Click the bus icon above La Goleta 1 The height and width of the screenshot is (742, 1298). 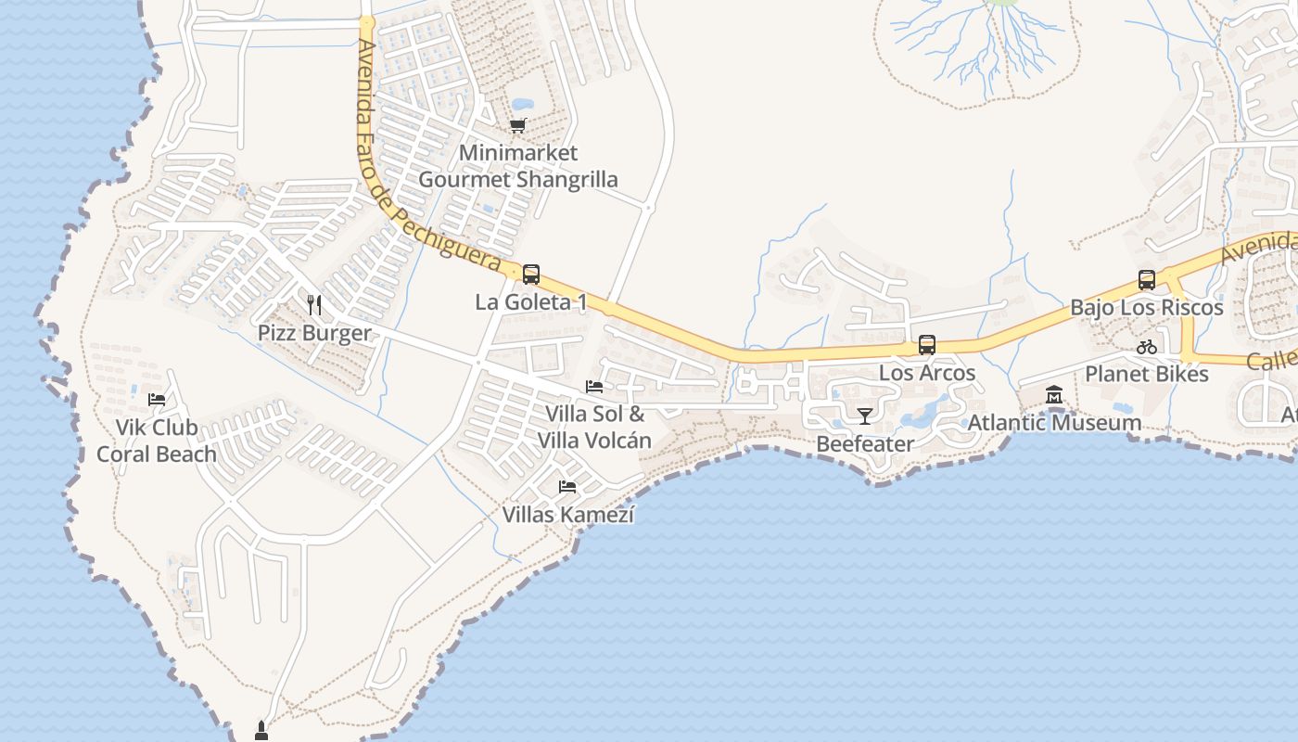coord(531,275)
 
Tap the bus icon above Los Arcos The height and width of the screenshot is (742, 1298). coord(926,346)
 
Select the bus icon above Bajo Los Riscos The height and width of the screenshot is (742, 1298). coord(1147,280)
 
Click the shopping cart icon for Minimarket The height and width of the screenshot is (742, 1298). coord(517,125)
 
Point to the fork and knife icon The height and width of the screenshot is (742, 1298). coord(314,304)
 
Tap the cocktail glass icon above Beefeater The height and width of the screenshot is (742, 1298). coord(865,416)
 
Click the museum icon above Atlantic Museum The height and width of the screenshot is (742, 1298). coord(1054,396)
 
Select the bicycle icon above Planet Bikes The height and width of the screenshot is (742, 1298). coord(1147,347)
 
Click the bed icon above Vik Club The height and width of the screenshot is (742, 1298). coord(157,400)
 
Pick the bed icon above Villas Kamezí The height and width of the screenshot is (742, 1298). coord(567,486)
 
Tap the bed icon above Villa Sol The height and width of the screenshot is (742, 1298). coord(594,387)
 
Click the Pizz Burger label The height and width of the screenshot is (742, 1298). coord(314,333)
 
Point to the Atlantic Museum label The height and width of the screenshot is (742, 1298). coord(1054,423)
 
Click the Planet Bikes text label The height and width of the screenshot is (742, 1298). coord(1147,374)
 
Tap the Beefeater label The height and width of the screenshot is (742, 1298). coord(865,444)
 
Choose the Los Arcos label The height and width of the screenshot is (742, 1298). coord(926,373)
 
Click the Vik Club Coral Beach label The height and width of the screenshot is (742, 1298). coord(157,441)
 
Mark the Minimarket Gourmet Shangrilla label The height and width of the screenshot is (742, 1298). coord(517,166)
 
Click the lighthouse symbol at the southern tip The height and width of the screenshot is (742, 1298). coord(261,731)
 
